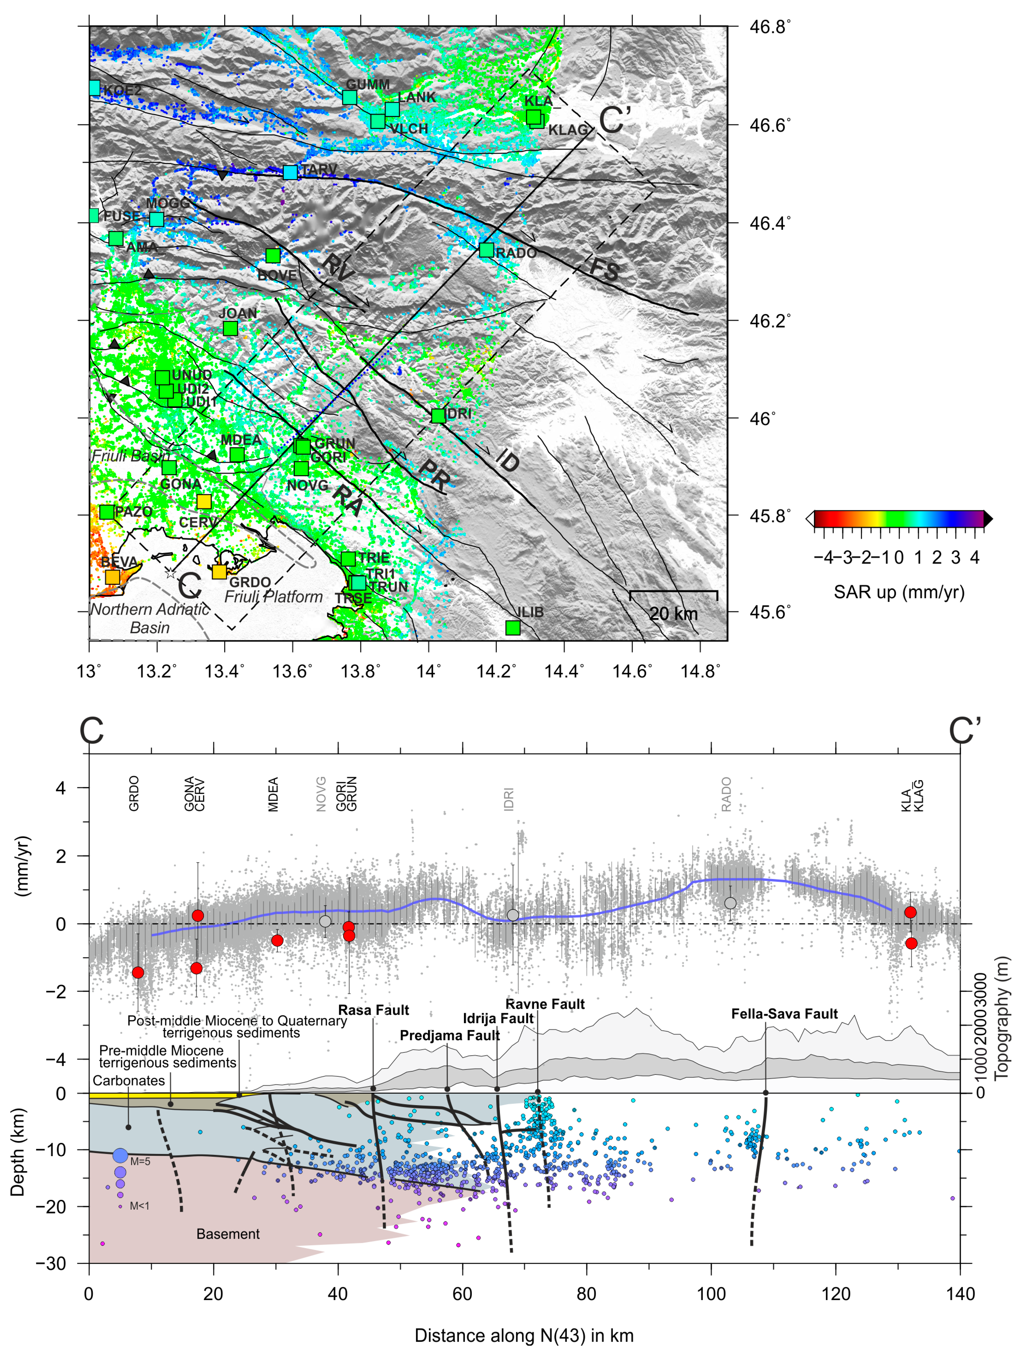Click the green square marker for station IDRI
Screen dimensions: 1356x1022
click(x=438, y=416)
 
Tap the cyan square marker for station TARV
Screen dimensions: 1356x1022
click(x=290, y=172)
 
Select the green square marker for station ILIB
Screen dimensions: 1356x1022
click(x=512, y=627)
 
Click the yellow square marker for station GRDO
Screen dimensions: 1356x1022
click(x=219, y=571)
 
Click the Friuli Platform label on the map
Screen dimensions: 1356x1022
click(x=273, y=597)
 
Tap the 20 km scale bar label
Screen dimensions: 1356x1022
click(x=673, y=614)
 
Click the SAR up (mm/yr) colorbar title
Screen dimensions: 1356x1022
click(x=899, y=592)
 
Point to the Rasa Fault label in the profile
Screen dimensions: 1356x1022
click(x=374, y=1010)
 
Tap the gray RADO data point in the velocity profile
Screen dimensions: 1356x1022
click(x=730, y=903)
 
